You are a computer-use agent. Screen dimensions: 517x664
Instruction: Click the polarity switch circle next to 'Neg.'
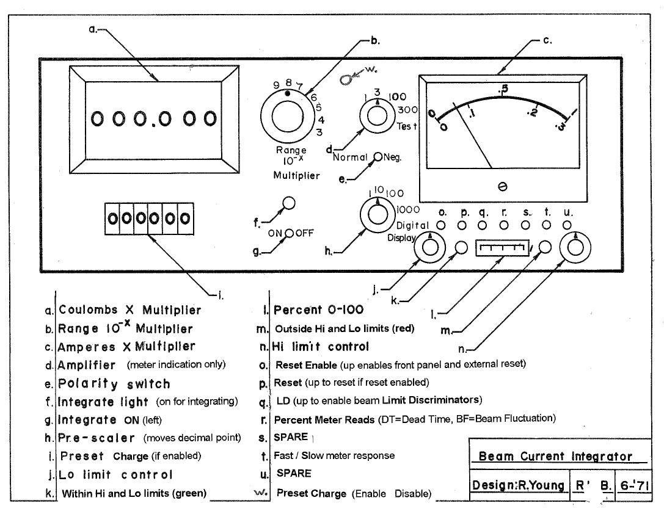click(x=378, y=157)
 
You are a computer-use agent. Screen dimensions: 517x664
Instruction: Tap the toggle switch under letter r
click(x=504, y=226)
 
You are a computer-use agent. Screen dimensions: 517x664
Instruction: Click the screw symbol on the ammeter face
click(x=502, y=186)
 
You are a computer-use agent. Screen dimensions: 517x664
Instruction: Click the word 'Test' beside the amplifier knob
click(x=407, y=126)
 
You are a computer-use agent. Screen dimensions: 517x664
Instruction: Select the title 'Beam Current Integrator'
click(x=555, y=456)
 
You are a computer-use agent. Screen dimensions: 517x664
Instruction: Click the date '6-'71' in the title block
click(x=633, y=485)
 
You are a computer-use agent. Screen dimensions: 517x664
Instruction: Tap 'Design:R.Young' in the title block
click(x=517, y=485)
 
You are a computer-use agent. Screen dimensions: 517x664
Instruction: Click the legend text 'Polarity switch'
click(x=114, y=384)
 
